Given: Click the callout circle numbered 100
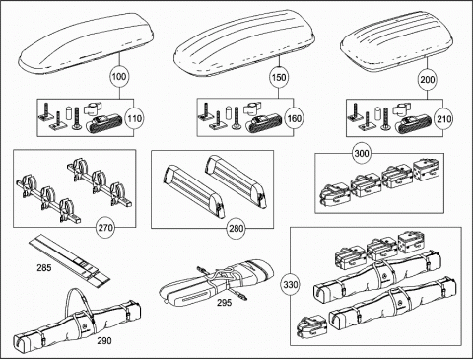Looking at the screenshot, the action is (x=118, y=77).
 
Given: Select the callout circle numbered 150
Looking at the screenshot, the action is (x=279, y=78).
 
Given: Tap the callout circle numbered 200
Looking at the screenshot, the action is (x=428, y=80).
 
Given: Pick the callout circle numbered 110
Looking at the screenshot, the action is (x=134, y=118).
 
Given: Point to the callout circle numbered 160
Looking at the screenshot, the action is (x=294, y=118).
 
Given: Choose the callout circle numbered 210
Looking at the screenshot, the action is (x=443, y=119).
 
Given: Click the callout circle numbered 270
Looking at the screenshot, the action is (x=105, y=228).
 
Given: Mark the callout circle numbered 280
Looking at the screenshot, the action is (x=236, y=228).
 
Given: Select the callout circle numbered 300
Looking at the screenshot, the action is (x=362, y=153).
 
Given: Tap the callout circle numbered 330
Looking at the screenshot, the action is (x=290, y=285).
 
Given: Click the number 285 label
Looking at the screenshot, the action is (x=44, y=268).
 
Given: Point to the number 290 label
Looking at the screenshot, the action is (x=104, y=341).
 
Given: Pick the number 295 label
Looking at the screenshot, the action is (x=224, y=303).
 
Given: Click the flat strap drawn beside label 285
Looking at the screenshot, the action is (x=71, y=259).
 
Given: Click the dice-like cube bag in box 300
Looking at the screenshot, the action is (x=426, y=170).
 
